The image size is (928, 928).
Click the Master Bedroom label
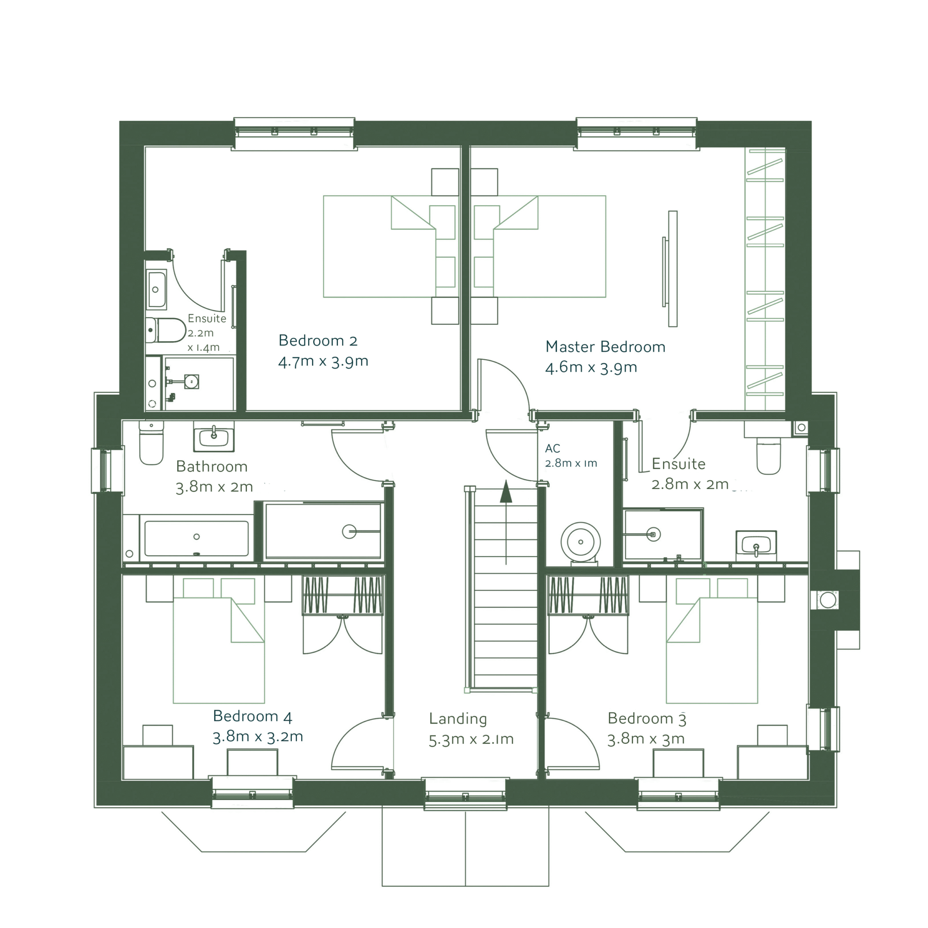605,346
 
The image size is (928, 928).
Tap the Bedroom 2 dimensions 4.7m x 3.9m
323,361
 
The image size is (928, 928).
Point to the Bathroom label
212,466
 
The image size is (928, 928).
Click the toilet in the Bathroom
151,442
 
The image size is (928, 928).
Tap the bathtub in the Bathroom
196,537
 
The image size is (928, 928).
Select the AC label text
552,448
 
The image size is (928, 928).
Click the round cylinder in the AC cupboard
581,542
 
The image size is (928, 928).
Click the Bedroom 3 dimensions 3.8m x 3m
646,739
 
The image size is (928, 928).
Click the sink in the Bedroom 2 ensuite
156,290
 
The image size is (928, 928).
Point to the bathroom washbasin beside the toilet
214,437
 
